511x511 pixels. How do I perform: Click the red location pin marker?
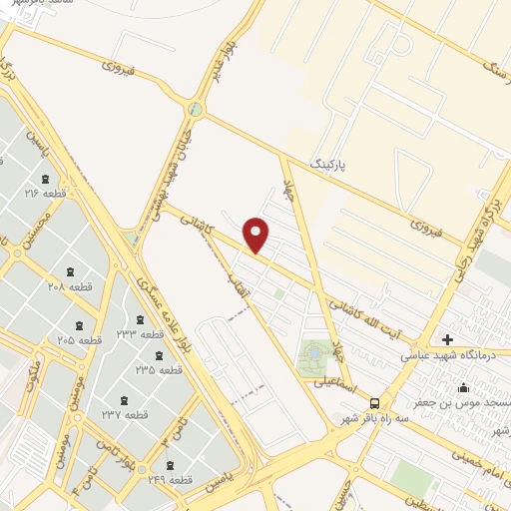point(256,233)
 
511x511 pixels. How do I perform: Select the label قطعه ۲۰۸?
point(69,285)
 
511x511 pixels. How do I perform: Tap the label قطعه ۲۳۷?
point(125,413)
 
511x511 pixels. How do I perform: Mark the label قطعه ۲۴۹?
point(166,480)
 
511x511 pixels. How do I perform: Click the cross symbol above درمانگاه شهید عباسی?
point(447,339)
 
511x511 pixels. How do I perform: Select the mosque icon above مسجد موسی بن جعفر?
point(462,387)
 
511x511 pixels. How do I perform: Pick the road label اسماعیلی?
point(336,381)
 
